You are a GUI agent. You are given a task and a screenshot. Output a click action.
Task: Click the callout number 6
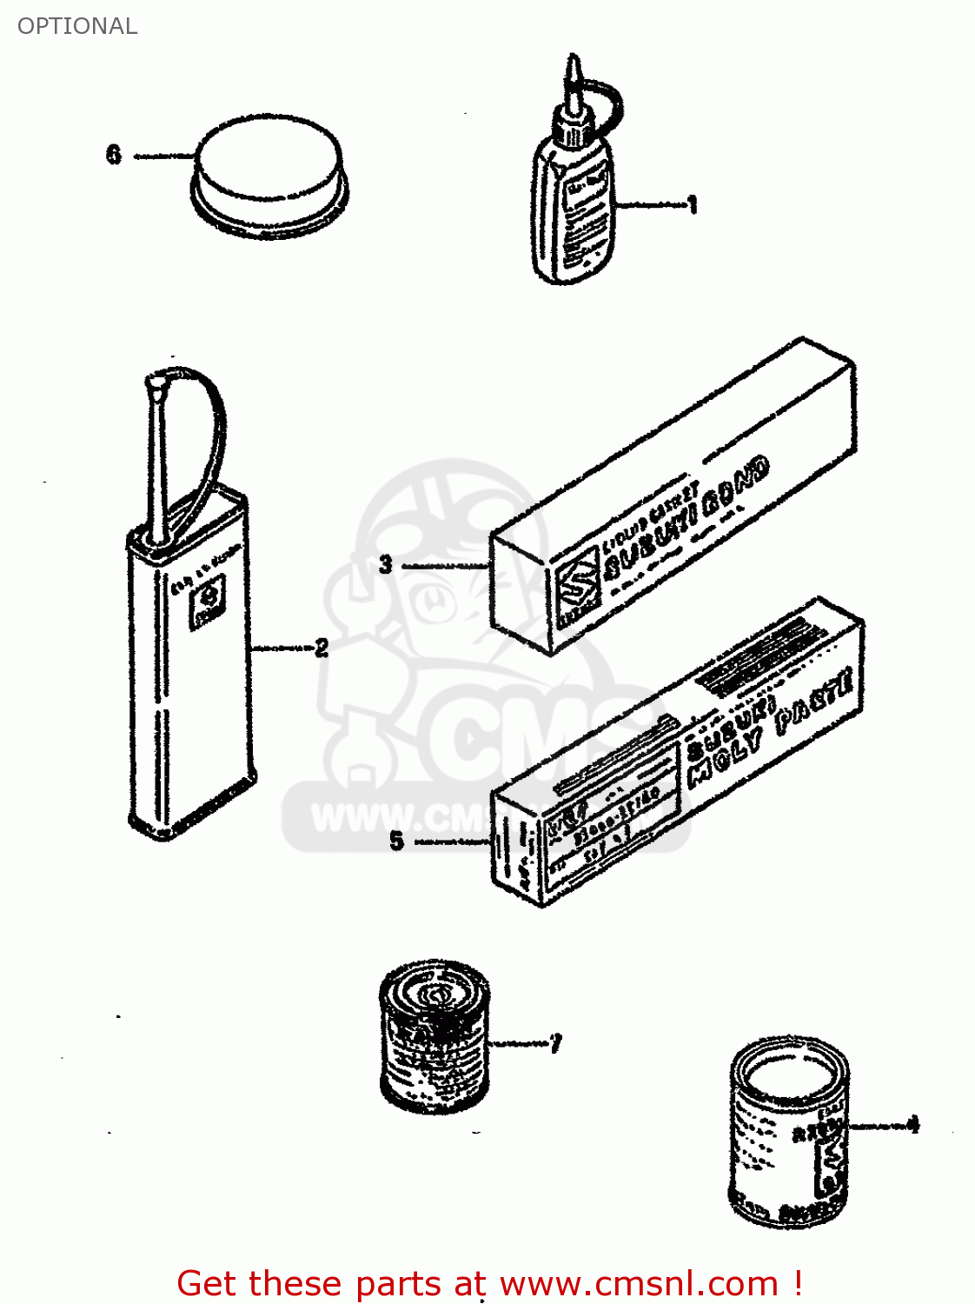click(x=114, y=155)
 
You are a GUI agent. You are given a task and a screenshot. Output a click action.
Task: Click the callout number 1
click(x=692, y=206)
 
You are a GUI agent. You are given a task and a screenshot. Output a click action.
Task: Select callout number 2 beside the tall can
click(x=322, y=648)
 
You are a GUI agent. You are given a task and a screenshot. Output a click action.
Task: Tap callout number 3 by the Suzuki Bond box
click(x=386, y=565)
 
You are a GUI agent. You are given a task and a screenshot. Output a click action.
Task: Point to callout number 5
click(x=396, y=841)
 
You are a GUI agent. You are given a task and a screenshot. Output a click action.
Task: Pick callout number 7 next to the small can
click(x=555, y=1042)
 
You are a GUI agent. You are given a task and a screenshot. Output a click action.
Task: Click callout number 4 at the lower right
click(x=912, y=1125)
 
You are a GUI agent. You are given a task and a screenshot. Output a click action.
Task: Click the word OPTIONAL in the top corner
click(x=77, y=26)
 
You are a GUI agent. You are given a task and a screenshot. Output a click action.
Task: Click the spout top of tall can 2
click(x=156, y=383)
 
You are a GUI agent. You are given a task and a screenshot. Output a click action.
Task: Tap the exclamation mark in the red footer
click(x=797, y=1283)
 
